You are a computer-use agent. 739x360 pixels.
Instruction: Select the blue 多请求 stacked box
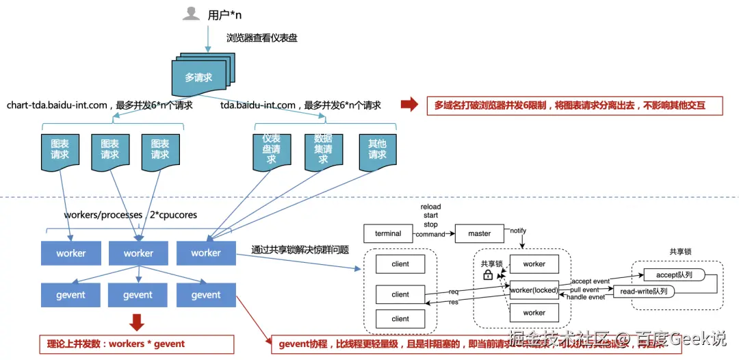pos(199,77)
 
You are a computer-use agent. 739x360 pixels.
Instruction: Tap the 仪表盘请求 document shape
pos(271,149)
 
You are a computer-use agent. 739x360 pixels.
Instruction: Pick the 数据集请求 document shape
pos(323,149)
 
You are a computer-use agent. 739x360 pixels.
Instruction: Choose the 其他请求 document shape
pos(377,150)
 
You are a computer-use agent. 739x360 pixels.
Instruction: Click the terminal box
pos(388,233)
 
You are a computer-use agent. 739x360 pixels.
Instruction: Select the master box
pos(479,233)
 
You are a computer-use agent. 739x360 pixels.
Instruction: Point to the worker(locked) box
pos(534,290)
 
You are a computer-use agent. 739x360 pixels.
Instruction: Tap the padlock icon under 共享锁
pos(488,275)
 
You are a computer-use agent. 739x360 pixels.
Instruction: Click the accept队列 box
pos(674,274)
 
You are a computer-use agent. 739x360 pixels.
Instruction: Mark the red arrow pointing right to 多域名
pos(409,105)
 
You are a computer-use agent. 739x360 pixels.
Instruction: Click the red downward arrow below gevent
pos(137,321)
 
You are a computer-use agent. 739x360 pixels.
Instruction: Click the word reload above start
pos(430,207)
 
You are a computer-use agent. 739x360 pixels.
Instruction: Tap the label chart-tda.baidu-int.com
pos(57,105)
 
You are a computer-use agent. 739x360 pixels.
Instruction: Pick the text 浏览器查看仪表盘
pos(262,38)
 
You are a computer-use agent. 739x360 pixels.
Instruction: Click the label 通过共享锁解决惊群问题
pos(300,250)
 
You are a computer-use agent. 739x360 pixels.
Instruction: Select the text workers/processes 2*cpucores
pos(130,215)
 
